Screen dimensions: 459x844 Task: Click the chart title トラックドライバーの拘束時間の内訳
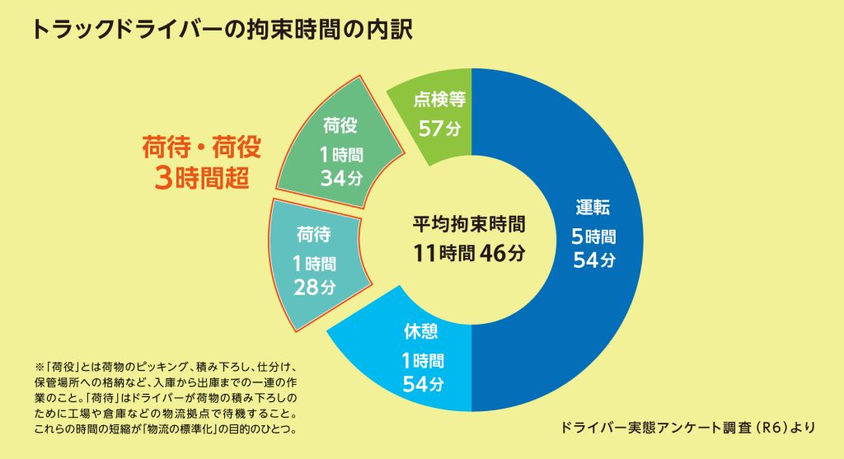[x=222, y=30]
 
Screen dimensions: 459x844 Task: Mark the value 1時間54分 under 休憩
[x=424, y=372]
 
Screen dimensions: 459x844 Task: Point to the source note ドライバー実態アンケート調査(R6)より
[x=687, y=427]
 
